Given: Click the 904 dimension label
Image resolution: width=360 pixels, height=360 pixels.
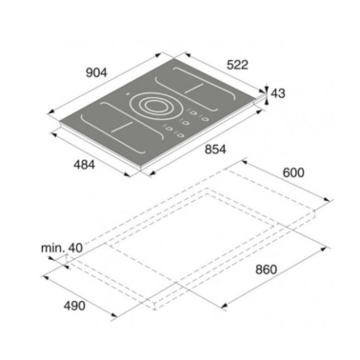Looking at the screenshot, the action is [x=96, y=72].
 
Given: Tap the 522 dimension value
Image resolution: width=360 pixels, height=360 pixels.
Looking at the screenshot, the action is [x=237, y=65].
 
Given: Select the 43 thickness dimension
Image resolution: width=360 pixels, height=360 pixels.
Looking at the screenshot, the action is [x=278, y=93].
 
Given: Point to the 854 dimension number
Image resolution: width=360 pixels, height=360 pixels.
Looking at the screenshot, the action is [x=215, y=150].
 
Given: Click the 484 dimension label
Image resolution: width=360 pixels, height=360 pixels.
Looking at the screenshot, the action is [x=84, y=165].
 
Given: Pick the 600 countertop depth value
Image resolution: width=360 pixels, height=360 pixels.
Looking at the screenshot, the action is [x=293, y=172].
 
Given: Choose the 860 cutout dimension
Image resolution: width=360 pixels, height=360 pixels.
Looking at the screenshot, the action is [x=266, y=270].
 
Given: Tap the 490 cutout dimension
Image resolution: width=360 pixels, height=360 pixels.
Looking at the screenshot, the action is [x=74, y=306].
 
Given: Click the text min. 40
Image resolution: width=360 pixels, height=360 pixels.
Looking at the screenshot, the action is [x=62, y=249].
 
